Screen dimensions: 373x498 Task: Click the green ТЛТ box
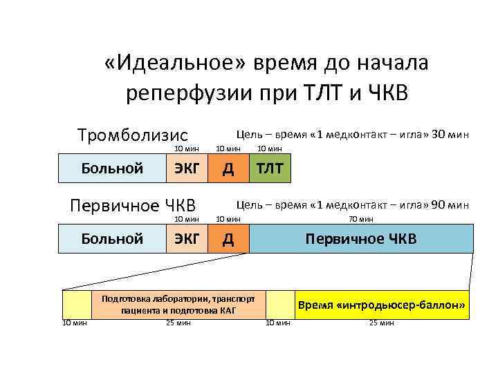coord(270,168)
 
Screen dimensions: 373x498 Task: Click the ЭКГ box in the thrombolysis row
coord(187,168)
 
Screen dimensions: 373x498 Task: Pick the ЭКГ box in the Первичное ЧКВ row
coord(187,239)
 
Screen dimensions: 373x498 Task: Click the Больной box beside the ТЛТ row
coord(112,168)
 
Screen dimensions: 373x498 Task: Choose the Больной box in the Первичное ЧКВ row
coord(112,239)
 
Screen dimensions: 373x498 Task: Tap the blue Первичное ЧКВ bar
coord(361,239)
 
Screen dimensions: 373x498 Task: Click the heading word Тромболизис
coord(133,133)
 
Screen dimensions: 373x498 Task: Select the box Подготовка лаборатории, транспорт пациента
coord(178,305)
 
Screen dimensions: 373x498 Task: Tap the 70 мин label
coord(361,219)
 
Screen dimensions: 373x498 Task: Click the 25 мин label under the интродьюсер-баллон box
coord(382,323)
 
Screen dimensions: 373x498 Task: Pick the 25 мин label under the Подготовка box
coord(178,323)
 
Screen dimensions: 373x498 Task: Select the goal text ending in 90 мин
coord(353,204)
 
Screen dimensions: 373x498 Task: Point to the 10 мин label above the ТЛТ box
coord(270,148)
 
